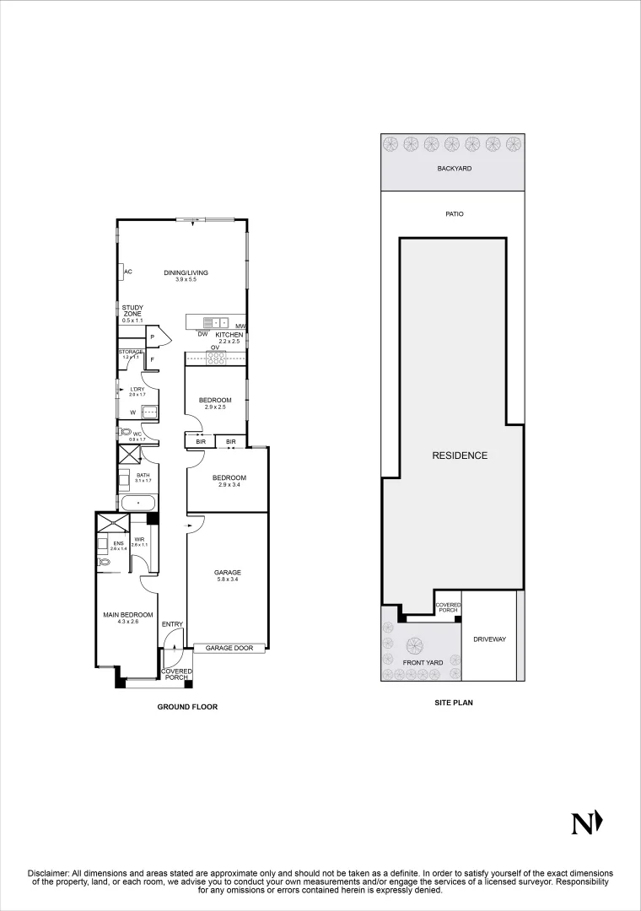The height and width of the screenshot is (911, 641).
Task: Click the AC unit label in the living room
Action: [128, 272]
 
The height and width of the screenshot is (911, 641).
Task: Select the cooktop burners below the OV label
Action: [216, 356]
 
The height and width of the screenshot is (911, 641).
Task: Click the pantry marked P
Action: [152, 337]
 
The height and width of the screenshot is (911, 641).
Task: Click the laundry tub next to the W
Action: [148, 412]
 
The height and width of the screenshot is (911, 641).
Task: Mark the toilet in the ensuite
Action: [105, 561]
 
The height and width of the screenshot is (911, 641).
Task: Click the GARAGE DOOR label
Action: [229, 649]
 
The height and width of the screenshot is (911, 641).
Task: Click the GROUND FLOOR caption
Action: [187, 707]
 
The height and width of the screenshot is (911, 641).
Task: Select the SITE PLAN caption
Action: [453, 702]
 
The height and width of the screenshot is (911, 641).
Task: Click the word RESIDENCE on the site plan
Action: [460, 455]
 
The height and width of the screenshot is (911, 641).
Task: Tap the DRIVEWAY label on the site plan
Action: [489, 639]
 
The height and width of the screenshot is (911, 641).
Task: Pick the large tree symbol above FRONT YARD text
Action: [414, 646]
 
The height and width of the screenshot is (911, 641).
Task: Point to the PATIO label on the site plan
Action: [455, 214]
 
